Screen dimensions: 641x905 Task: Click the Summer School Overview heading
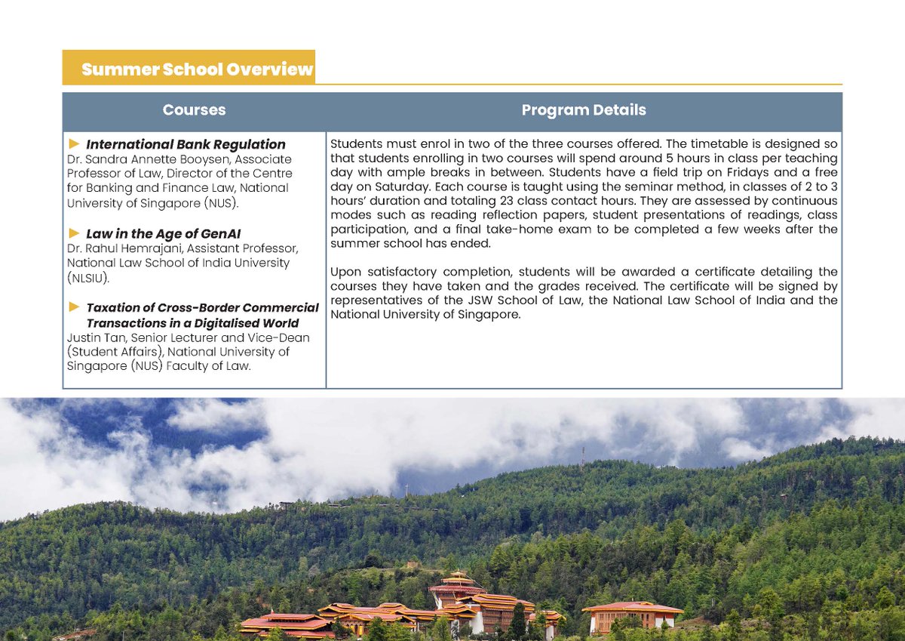coord(196,69)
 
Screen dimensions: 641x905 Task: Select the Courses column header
coord(194,110)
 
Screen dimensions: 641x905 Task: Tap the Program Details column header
coord(584,110)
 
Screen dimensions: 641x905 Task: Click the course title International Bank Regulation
coord(186,144)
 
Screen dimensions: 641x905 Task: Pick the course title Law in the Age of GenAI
coord(163,233)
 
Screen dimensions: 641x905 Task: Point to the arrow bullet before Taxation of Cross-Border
coord(74,307)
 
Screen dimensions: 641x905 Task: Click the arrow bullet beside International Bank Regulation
coord(74,143)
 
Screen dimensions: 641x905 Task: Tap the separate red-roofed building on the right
coord(632,615)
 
